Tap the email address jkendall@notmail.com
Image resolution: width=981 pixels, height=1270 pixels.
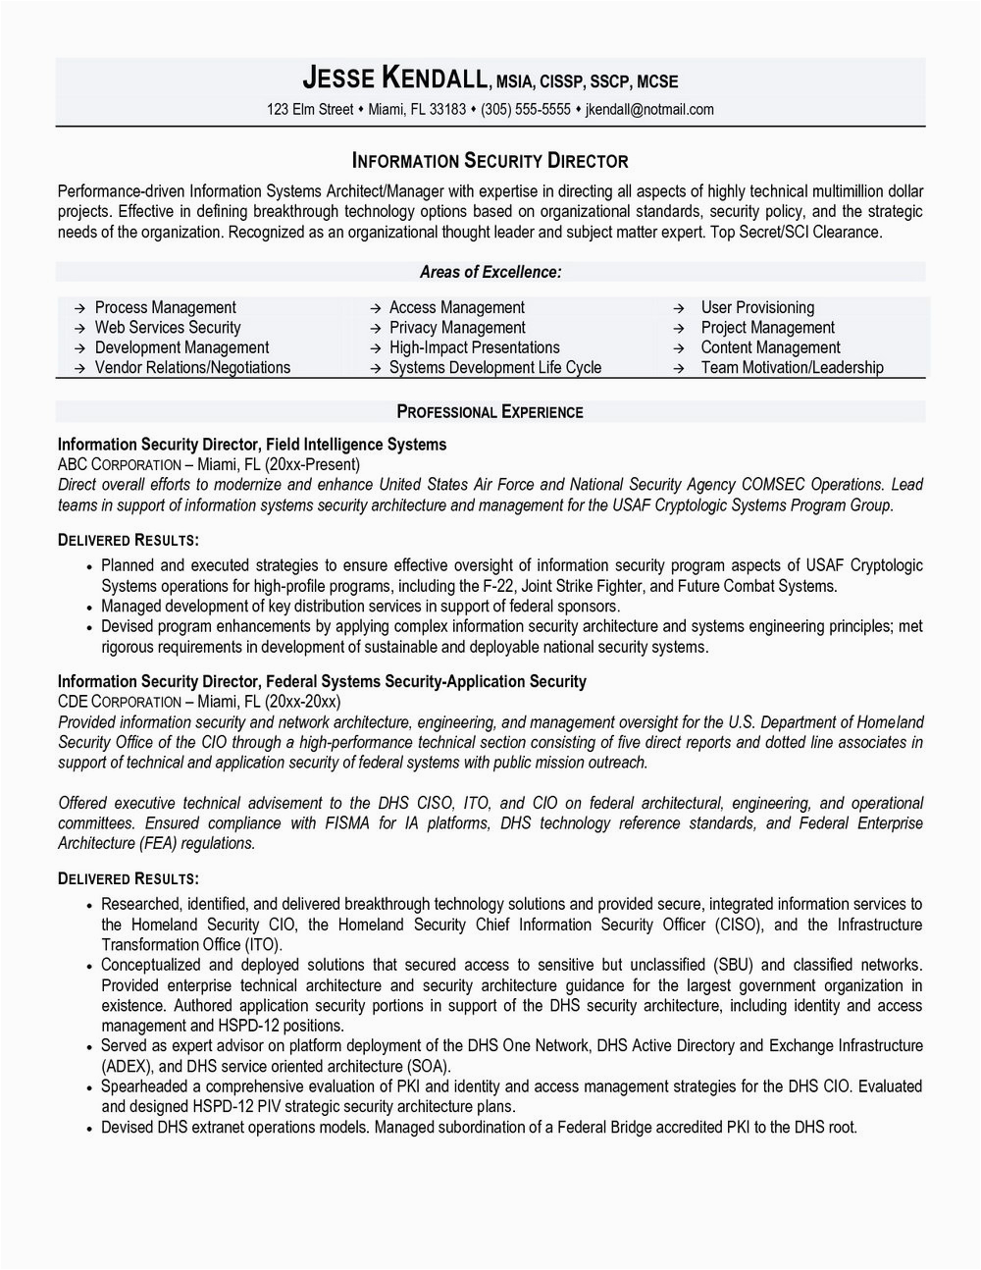[x=649, y=109]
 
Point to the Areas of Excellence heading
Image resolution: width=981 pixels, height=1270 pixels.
[x=490, y=272]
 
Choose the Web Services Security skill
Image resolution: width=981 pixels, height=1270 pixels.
[x=167, y=328]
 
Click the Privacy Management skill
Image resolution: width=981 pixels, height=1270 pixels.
[x=457, y=328]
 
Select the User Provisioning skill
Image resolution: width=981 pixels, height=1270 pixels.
[x=757, y=308]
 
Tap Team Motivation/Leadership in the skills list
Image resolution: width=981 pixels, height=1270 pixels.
[x=792, y=368]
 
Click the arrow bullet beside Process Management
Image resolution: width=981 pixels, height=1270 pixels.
[x=78, y=308]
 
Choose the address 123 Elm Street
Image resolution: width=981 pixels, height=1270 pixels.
[x=309, y=109]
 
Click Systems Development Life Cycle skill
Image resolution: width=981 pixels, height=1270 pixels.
[x=495, y=368]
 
